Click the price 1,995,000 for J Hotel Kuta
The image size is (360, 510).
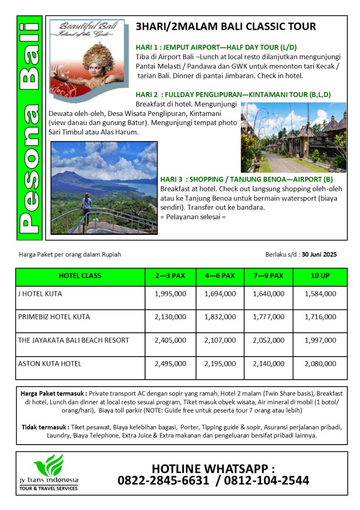[x=170, y=294]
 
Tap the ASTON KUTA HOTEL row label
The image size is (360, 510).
[x=50, y=363]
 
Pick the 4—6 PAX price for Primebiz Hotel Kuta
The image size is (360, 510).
[x=220, y=317]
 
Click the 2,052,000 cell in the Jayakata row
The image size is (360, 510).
[x=269, y=340]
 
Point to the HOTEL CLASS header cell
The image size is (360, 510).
[x=80, y=276]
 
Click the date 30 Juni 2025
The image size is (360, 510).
[x=319, y=254]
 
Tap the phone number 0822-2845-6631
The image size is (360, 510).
[x=163, y=481]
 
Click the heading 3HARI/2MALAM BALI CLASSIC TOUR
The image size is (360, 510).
[x=226, y=27]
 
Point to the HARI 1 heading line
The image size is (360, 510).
[x=216, y=47]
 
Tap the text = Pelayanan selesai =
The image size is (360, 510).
[x=193, y=216]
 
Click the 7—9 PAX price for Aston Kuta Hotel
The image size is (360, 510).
[x=269, y=363]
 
